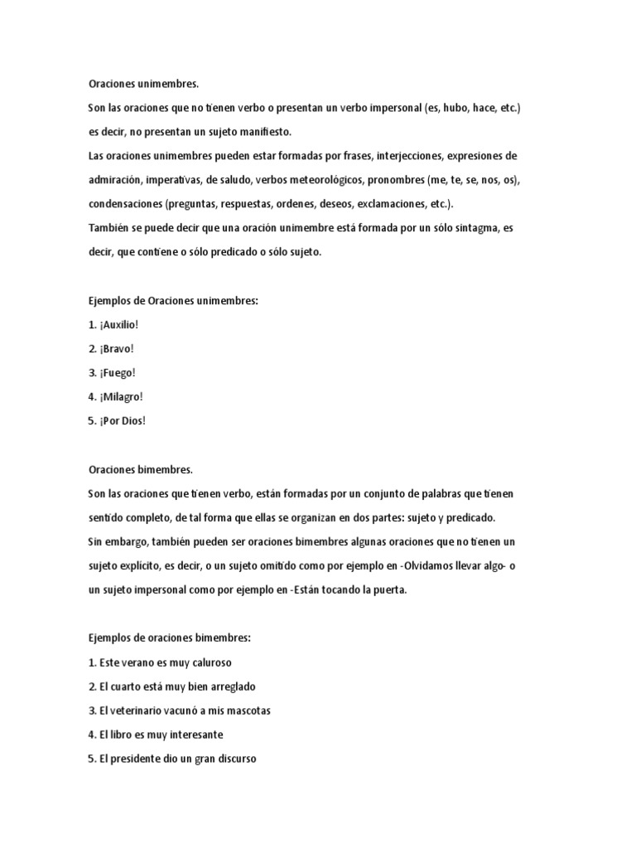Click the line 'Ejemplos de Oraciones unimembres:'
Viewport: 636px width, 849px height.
pos(173,300)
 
